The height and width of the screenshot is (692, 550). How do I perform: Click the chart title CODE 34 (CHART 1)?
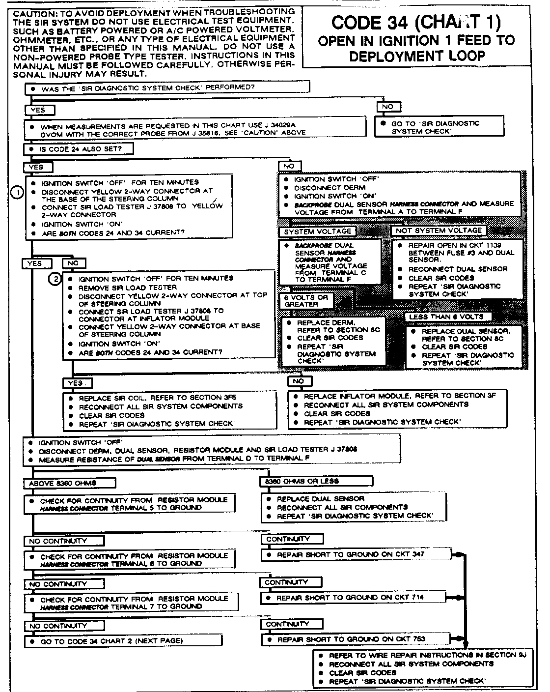click(x=416, y=23)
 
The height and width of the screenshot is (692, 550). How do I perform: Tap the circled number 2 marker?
click(x=55, y=279)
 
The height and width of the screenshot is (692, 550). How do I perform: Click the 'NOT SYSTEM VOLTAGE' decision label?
click(x=439, y=231)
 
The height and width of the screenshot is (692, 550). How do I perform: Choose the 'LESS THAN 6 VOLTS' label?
click(x=446, y=317)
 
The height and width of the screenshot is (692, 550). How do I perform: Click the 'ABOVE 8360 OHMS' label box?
click(x=69, y=483)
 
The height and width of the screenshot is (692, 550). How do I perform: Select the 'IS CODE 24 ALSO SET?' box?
click(x=79, y=149)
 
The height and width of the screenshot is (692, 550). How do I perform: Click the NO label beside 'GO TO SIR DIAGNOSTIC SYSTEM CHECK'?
click(x=388, y=107)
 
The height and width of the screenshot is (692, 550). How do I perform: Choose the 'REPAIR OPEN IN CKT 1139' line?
click(x=454, y=245)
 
